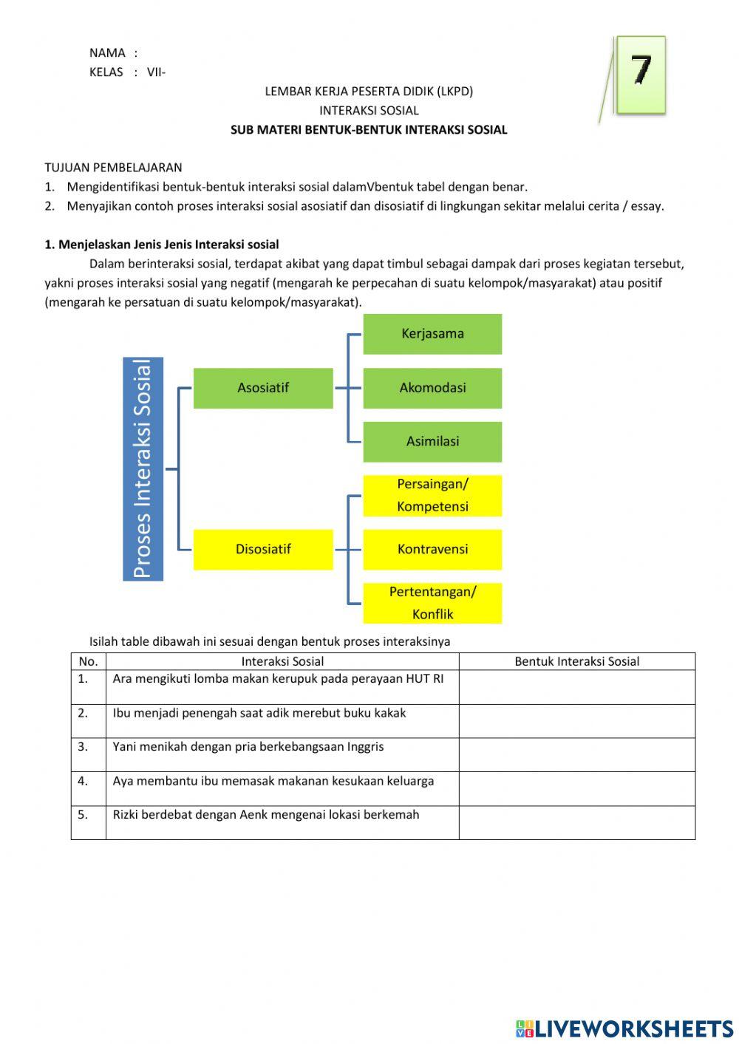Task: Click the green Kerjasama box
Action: [432, 334]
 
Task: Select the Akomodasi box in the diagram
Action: [432, 388]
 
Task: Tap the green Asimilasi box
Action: [432, 442]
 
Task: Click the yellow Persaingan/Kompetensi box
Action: [432, 495]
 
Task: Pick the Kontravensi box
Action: [432, 549]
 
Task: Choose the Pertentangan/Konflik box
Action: [432, 603]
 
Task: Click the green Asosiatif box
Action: [263, 388]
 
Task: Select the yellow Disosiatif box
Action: [263, 549]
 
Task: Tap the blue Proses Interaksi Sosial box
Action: [143, 468]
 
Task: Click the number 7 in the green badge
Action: [641, 71]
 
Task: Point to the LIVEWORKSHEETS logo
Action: [624, 1028]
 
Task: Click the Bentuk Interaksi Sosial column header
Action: [576, 661]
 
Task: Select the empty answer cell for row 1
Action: [576, 686]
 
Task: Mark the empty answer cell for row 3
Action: [576, 754]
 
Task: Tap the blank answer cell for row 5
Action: [576, 822]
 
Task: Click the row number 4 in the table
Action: [83, 781]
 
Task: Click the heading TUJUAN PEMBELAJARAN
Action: [113, 168]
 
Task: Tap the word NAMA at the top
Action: [107, 53]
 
